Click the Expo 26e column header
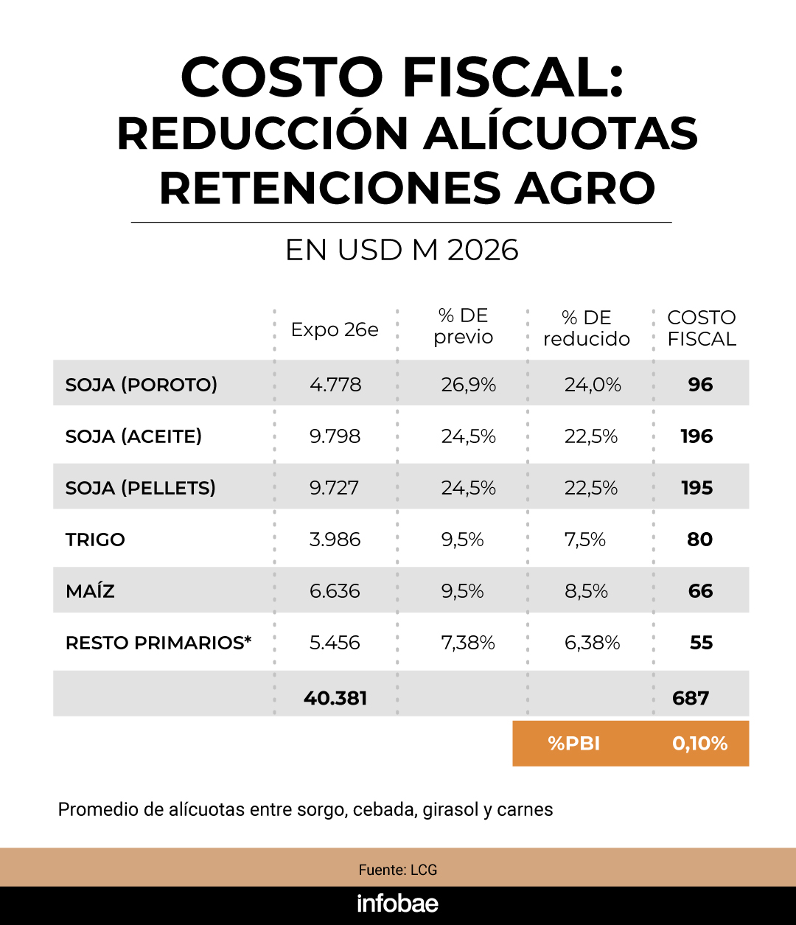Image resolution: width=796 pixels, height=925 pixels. click(x=335, y=329)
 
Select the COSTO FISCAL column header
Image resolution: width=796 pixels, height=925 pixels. click(x=702, y=328)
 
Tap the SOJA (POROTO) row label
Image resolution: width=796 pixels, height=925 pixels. click(x=142, y=384)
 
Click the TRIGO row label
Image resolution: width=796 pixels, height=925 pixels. click(x=95, y=540)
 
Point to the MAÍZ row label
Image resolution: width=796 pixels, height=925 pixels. click(x=90, y=591)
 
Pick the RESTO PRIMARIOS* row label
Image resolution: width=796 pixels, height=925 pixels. click(x=158, y=643)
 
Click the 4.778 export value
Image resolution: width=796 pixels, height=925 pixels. click(x=335, y=384)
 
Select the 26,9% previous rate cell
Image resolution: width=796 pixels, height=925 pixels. click(x=469, y=384)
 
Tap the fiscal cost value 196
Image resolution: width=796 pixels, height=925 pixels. click(x=696, y=436)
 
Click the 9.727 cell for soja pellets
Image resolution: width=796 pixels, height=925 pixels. click(x=334, y=488)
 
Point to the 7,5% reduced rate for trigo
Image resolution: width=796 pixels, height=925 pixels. click(x=585, y=540)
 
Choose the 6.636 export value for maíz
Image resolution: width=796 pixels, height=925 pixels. click(x=335, y=591)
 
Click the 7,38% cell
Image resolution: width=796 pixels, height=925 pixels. click(x=468, y=643)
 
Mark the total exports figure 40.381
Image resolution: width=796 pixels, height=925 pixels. click(x=335, y=698)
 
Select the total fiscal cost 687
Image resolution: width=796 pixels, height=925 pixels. click(x=691, y=698)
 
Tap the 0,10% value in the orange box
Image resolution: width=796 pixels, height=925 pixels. click(x=699, y=744)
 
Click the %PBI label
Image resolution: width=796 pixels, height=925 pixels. click(x=574, y=744)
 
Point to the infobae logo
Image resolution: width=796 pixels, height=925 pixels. click(x=397, y=904)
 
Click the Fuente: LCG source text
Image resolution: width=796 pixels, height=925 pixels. click(x=398, y=870)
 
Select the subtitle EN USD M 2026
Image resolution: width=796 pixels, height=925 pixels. click(x=402, y=251)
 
